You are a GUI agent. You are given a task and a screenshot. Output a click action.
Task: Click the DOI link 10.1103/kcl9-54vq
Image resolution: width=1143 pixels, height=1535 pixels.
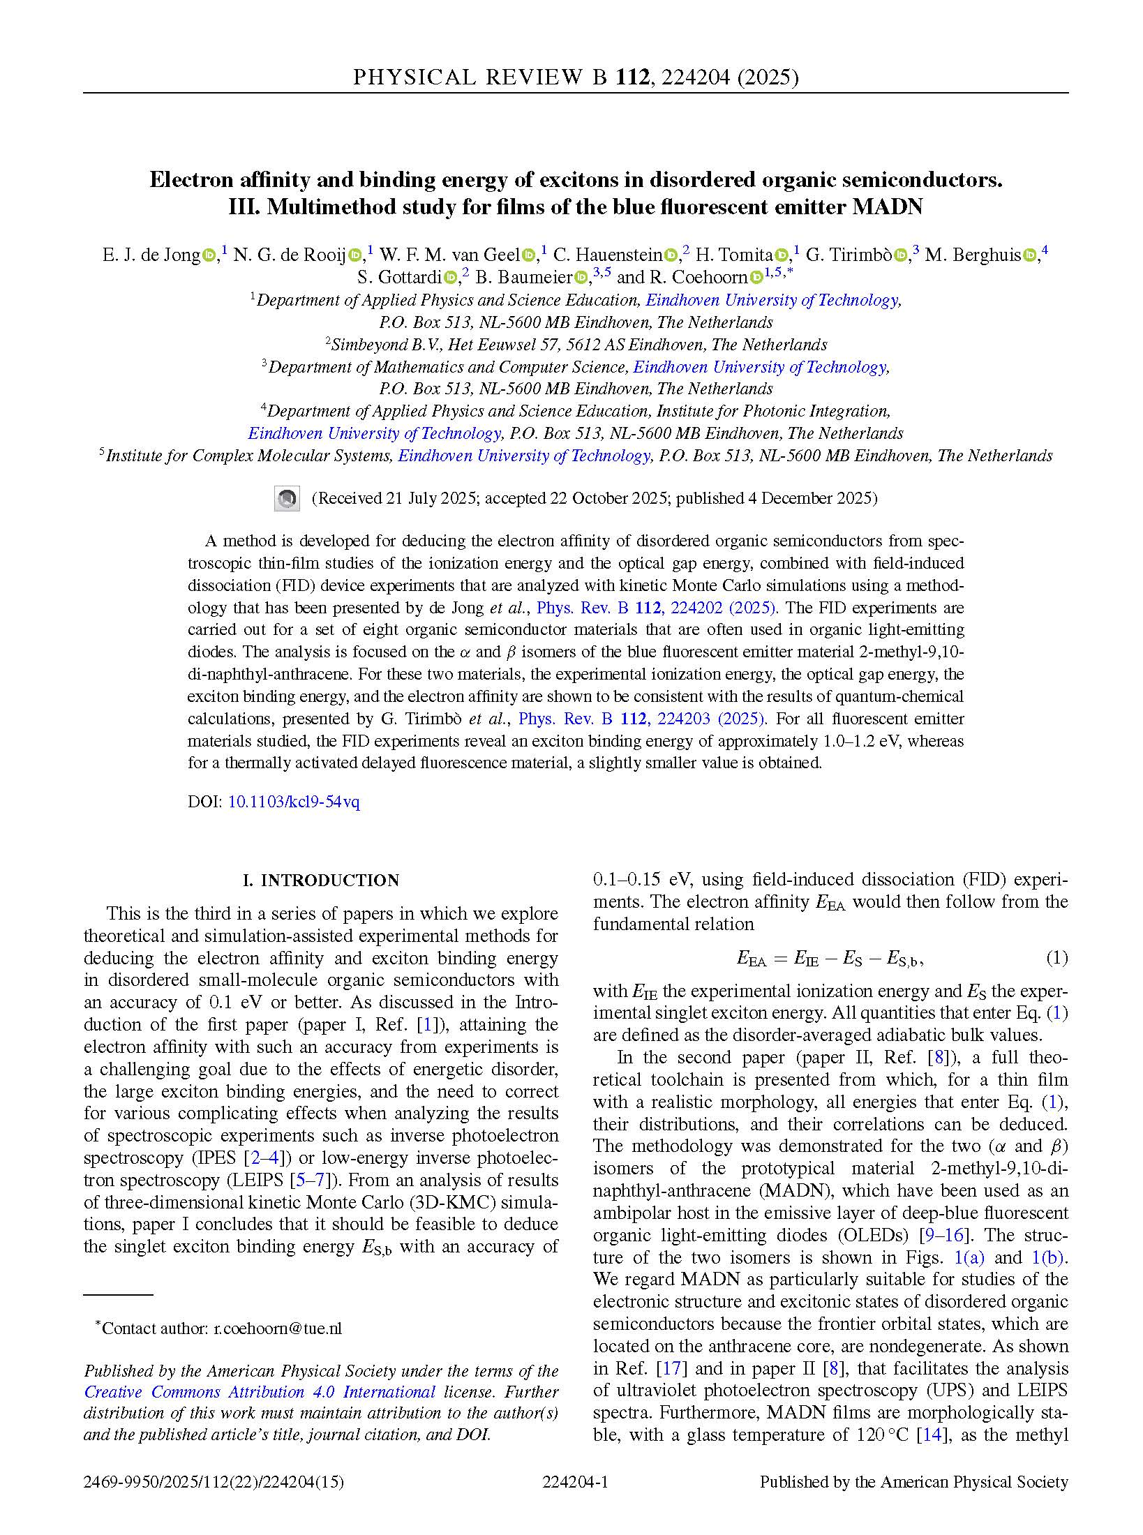point(294,802)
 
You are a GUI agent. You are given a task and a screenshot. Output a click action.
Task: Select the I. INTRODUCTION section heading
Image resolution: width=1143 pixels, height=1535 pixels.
point(321,881)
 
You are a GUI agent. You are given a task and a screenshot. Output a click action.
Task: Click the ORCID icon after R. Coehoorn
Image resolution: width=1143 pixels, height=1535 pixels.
point(756,278)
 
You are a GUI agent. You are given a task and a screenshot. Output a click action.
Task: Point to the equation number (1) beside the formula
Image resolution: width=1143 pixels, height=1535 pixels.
point(1056,958)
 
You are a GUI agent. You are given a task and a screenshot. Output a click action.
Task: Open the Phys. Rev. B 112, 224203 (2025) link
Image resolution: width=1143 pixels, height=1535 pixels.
point(642,719)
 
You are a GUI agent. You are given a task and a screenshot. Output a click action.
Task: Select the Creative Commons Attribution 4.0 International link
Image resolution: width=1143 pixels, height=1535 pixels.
point(260,1392)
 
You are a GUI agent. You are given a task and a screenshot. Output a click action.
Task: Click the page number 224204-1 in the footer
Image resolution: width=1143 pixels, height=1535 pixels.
point(576,1481)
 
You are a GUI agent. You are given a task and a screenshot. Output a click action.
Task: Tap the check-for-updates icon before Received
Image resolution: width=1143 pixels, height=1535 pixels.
point(287,499)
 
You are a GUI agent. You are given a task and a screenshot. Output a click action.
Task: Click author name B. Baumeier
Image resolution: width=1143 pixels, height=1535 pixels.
point(523,278)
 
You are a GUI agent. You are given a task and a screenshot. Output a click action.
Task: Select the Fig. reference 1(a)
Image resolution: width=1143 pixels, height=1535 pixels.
point(969,1257)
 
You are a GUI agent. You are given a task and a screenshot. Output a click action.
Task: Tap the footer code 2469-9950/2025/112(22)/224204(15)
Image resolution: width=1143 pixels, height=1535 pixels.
point(214,1481)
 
